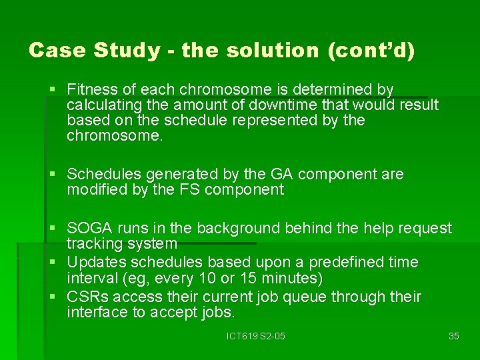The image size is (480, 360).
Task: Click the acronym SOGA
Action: coord(88,228)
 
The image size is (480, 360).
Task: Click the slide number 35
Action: coord(454,336)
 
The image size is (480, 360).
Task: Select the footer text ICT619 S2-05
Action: coord(256,336)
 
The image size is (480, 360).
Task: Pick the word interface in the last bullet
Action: coord(95,312)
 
